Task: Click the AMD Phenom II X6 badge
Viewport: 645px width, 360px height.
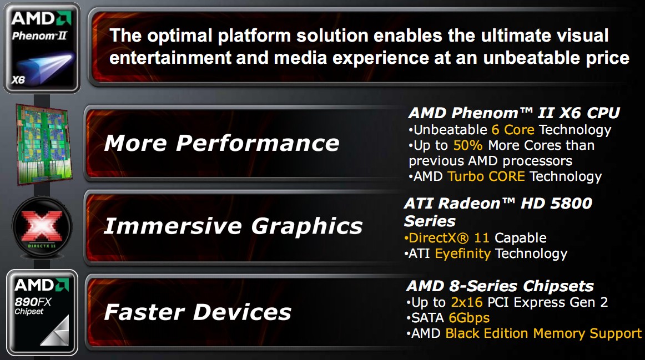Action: coord(42,48)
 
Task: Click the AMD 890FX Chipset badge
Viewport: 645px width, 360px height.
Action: coord(42,312)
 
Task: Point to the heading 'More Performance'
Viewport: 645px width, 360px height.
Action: coord(221,143)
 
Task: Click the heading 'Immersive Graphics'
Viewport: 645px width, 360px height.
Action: coord(233,226)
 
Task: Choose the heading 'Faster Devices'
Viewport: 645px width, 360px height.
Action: coord(198,312)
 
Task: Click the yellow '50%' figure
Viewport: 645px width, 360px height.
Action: coord(468,145)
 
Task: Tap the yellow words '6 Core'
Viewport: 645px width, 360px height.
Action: coord(513,130)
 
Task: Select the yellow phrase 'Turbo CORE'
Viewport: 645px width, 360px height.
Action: coord(486,176)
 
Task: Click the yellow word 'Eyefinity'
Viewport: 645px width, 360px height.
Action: coord(463,254)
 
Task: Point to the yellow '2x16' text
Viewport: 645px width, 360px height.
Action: coord(466,302)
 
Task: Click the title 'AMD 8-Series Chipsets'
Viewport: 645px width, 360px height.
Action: coord(500,286)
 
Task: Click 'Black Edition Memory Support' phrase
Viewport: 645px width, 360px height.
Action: coord(543,334)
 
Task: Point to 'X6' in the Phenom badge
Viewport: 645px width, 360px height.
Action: coord(18,80)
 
